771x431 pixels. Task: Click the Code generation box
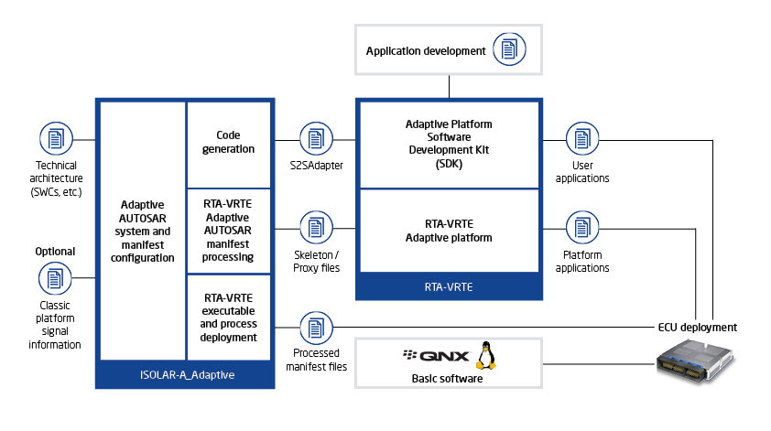[228, 143]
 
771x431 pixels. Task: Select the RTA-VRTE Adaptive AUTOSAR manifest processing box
[228, 232]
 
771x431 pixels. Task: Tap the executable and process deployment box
[228, 318]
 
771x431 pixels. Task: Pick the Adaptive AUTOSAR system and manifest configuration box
[143, 232]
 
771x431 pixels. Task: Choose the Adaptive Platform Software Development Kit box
[449, 145]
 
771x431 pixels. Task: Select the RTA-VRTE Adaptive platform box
[449, 231]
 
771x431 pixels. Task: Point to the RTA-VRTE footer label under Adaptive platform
[449, 286]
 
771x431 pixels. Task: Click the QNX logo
[437, 356]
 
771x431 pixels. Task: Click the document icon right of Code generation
[313, 139]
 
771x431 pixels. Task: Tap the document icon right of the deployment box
[313, 327]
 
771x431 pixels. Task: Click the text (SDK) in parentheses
[449, 164]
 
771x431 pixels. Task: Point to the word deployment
[228, 337]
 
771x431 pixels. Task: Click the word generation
[228, 149]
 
